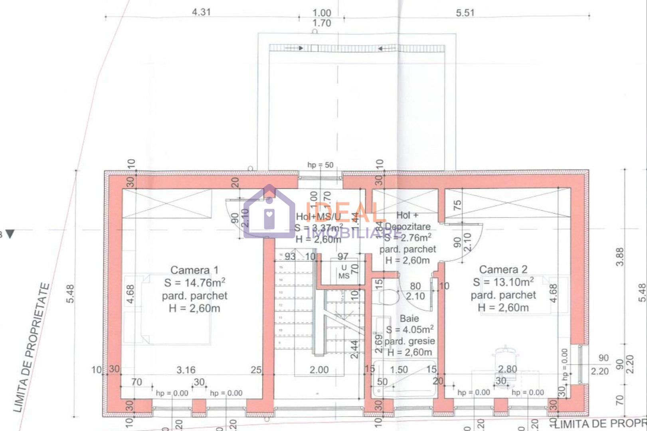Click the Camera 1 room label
tap(194, 270)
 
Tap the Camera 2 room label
tap(503, 270)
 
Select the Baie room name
tap(409, 318)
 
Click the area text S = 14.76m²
tap(194, 283)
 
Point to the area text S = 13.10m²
tap(503, 282)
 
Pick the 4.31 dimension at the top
tap(201, 12)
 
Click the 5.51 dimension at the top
tap(465, 13)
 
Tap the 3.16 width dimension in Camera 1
tap(186, 370)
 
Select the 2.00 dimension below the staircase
tap(319, 370)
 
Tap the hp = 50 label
tap(320, 165)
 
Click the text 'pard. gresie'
tap(410, 341)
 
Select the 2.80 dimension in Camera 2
tap(507, 370)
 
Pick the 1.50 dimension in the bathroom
tap(399, 370)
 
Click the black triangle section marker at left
tap(10, 234)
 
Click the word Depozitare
tap(408, 227)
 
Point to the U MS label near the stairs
tap(344, 272)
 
